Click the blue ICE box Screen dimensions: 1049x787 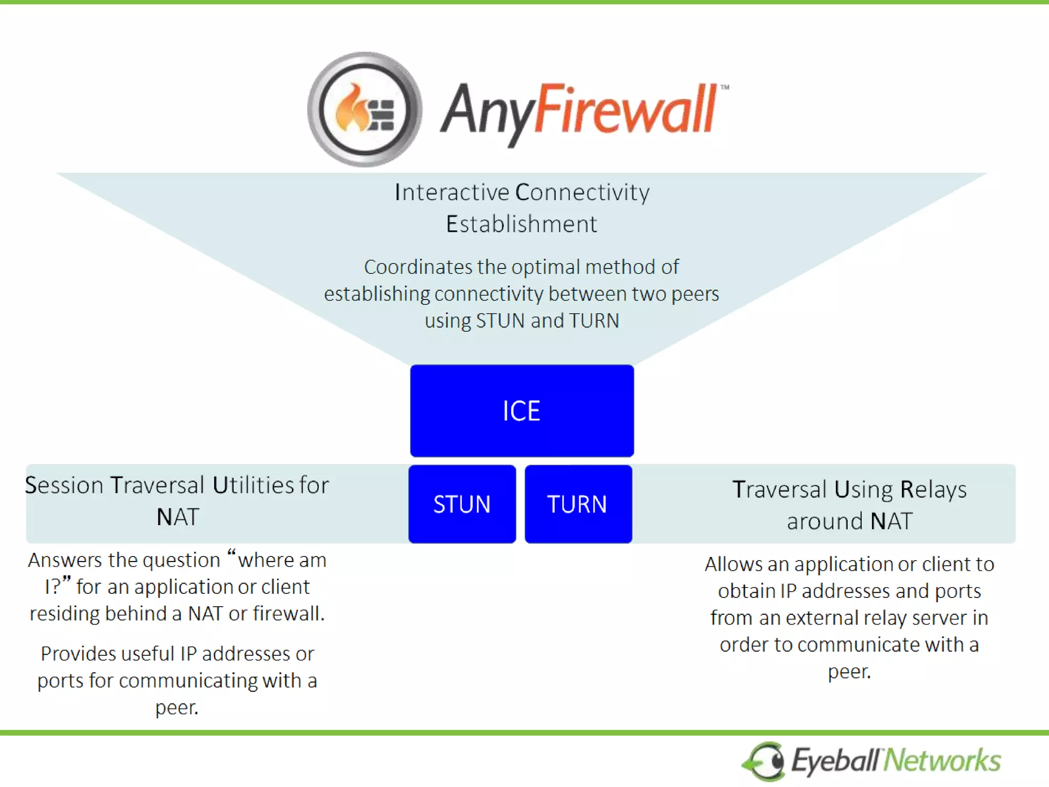point(521,410)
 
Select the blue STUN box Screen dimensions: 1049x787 point(462,504)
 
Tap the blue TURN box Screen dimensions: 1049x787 point(578,504)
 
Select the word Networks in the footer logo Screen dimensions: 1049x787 point(943,760)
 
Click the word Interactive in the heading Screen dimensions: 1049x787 point(452,193)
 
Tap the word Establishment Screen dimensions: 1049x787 point(521,224)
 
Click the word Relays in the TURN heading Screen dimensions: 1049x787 point(933,489)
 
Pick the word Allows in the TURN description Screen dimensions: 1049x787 point(733,564)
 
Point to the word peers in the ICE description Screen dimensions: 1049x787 point(695,294)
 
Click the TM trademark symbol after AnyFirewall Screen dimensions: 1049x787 point(724,87)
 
